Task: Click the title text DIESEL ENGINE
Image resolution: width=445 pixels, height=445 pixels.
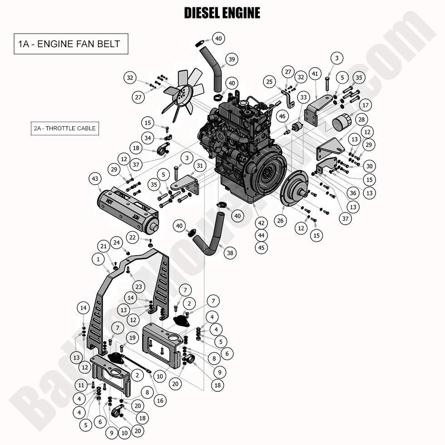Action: [x=222, y=13]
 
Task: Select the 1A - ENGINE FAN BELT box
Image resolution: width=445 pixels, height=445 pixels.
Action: [x=71, y=44]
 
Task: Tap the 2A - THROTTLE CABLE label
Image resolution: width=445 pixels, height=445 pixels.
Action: [x=64, y=129]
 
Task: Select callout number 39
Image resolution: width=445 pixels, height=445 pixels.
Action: [x=232, y=59]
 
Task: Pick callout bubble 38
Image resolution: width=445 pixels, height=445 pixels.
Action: [x=230, y=253]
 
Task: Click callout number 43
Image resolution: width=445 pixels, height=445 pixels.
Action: [x=95, y=179]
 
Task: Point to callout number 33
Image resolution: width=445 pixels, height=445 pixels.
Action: [x=303, y=97]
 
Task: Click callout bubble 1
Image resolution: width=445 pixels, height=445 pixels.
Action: [x=98, y=259]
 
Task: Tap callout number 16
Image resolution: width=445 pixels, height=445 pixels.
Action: [x=159, y=400]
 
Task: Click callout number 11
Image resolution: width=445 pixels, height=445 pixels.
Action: [x=81, y=385]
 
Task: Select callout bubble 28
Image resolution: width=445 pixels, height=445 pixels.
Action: [x=361, y=119]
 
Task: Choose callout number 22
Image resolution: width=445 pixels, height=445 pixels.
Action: [x=133, y=237]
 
